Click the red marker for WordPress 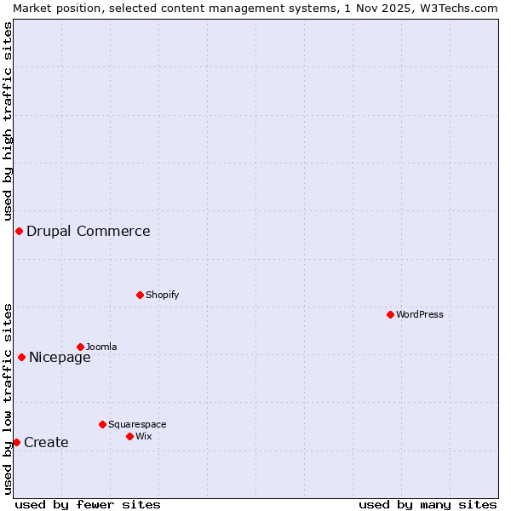[x=390, y=314]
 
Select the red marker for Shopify [x=140, y=295]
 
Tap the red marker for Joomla [x=80, y=347]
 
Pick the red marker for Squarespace [x=102, y=424]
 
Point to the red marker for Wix [x=129, y=436]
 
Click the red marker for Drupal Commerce [x=19, y=231]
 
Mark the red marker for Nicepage [x=21, y=357]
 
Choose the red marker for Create [x=16, y=442]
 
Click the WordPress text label [x=420, y=314]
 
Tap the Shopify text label [x=162, y=295]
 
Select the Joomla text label [x=101, y=347]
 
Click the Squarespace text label [x=137, y=424]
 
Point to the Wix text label [x=144, y=436]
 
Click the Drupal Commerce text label [x=88, y=231]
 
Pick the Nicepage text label [x=60, y=357]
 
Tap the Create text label [x=46, y=442]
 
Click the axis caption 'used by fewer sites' [x=88, y=504]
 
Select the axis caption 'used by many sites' [x=428, y=504]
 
